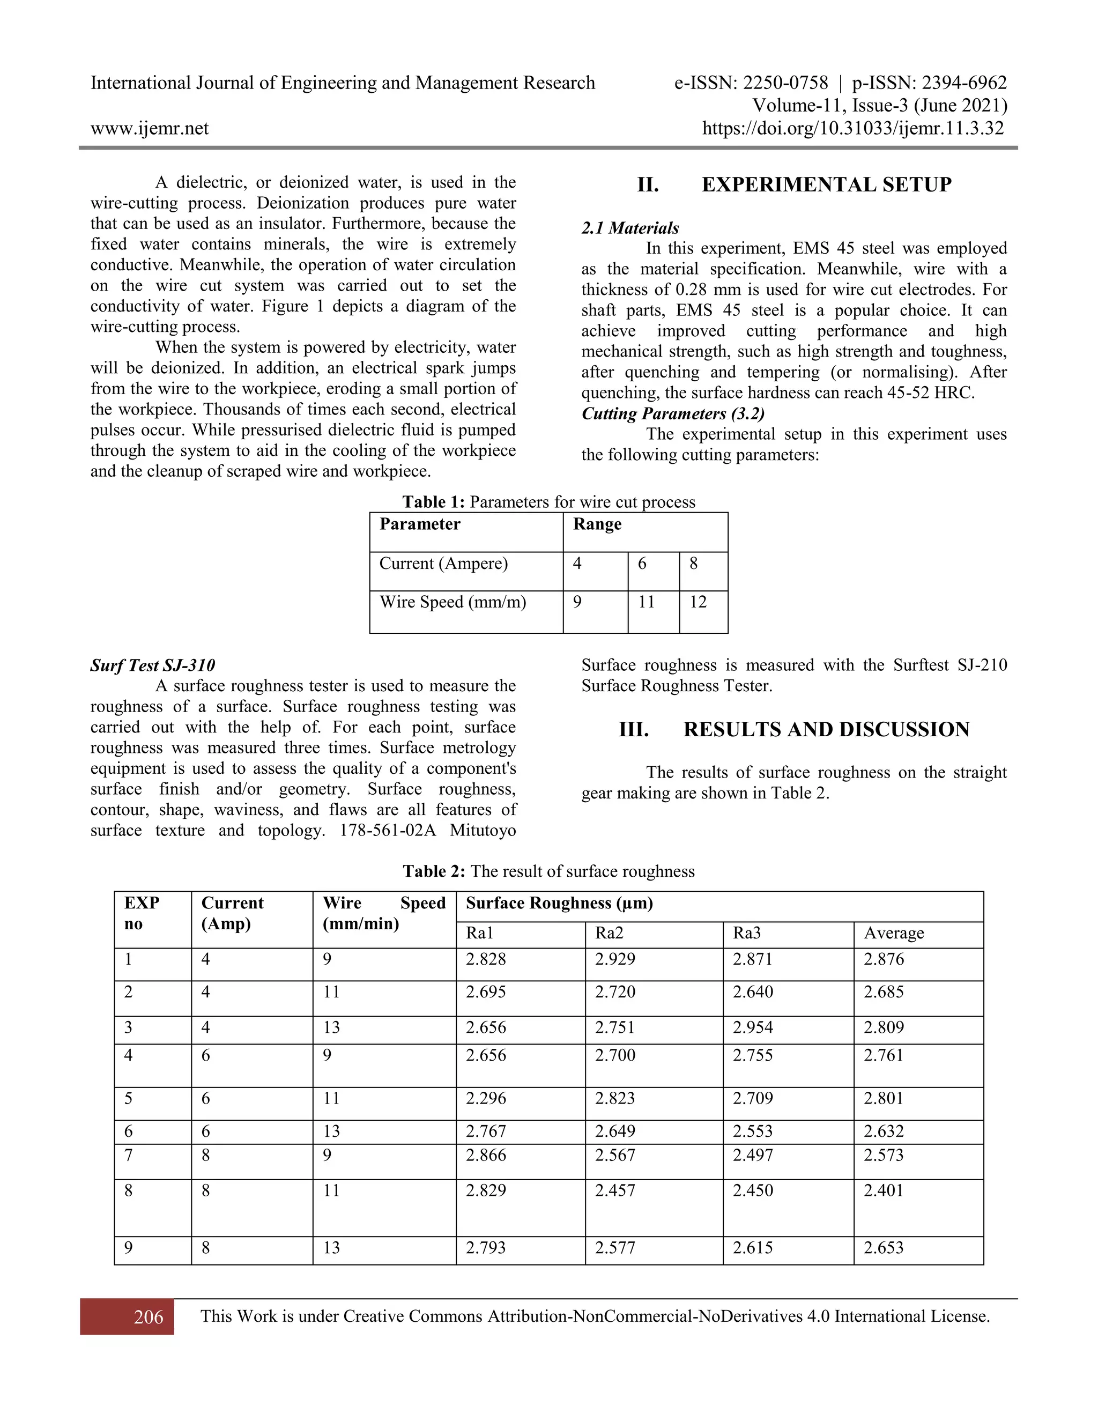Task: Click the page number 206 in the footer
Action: (x=149, y=1317)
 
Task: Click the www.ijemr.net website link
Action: (x=150, y=128)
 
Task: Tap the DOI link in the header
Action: (x=853, y=128)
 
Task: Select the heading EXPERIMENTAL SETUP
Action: (x=826, y=185)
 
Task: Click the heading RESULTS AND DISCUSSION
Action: (x=826, y=729)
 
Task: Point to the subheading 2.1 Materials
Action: (x=629, y=228)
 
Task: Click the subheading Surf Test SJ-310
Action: (x=152, y=665)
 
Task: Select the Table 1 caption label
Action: (x=433, y=502)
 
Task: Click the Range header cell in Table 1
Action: (x=597, y=524)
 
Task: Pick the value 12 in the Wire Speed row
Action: (x=698, y=602)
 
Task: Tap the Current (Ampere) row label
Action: (x=443, y=564)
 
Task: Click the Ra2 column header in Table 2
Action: (x=609, y=933)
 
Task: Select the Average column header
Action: (x=894, y=933)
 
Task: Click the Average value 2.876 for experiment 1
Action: (x=884, y=959)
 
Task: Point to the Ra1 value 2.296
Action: (x=485, y=1098)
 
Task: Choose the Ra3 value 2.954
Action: (x=753, y=1027)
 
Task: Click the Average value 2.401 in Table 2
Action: (x=884, y=1190)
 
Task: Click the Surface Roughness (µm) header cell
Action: (x=559, y=903)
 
